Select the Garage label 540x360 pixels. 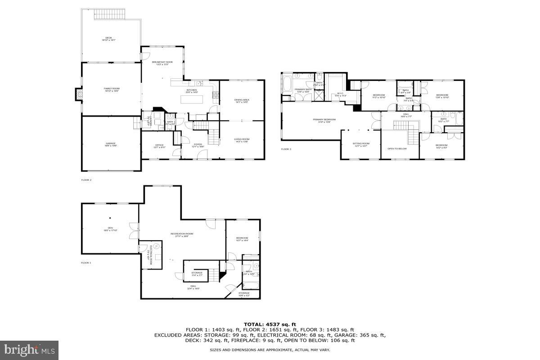tap(111, 144)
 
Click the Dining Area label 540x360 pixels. tap(242, 101)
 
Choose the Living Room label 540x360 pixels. tap(242, 140)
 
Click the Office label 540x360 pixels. tap(159, 145)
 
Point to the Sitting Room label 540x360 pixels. tap(360, 144)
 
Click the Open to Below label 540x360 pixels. tap(397, 148)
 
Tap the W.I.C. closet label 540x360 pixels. tap(340, 94)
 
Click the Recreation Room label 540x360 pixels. tap(182, 234)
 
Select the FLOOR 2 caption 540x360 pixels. tap(86, 180)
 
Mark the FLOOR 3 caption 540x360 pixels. tap(286, 149)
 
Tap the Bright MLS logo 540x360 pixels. tap(29, 350)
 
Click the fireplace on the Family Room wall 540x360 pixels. tap(78, 94)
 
